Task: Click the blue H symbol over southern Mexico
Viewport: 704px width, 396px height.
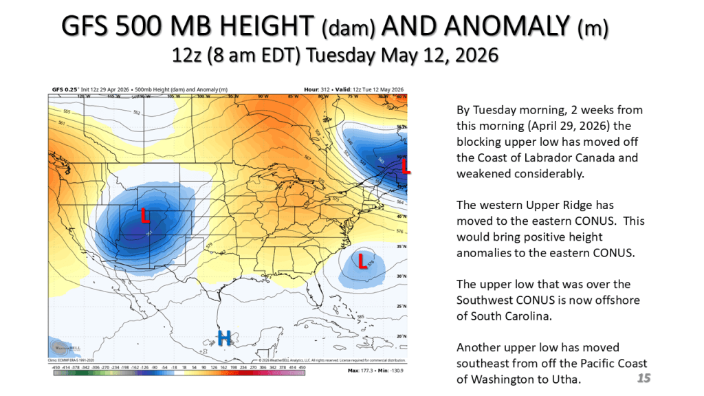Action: (x=224, y=337)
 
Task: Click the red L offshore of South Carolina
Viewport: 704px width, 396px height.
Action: (x=362, y=261)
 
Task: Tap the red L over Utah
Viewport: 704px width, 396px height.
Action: (x=145, y=216)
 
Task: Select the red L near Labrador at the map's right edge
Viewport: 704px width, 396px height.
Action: (x=405, y=167)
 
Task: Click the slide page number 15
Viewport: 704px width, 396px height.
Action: (x=643, y=378)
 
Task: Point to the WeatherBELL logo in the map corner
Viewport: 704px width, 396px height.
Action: (x=62, y=348)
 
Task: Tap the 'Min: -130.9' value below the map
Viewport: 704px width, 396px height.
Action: (x=388, y=371)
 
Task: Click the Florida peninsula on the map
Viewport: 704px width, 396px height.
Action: (x=318, y=296)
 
